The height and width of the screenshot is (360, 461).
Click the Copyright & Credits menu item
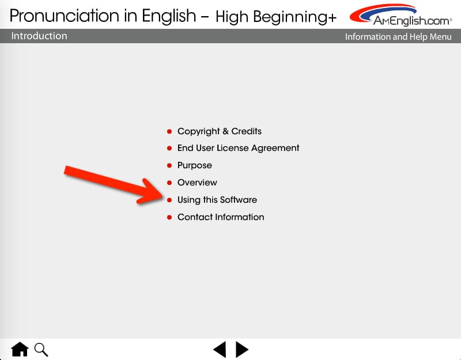pyautogui.click(x=220, y=131)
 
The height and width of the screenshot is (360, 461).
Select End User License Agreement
pyautogui.click(x=238, y=148)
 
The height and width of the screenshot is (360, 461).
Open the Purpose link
pyautogui.click(x=194, y=165)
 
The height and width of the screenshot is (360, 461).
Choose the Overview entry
pyautogui.click(x=197, y=183)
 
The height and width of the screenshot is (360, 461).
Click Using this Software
pyautogui.click(x=217, y=200)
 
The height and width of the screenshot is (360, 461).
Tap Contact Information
pyautogui.click(x=221, y=217)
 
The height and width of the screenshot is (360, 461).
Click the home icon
pyautogui.click(x=20, y=349)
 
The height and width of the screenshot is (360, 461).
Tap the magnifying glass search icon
pyautogui.click(x=41, y=350)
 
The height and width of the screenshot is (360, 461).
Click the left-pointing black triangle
pyautogui.click(x=220, y=350)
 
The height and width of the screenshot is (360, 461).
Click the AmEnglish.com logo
pyautogui.click(x=400, y=15)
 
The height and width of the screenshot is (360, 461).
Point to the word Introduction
pyautogui.click(x=39, y=36)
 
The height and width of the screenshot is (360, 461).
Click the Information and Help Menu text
pyautogui.click(x=398, y=37)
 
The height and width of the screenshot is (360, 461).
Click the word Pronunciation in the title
pyautogui.click(x=65, y=16)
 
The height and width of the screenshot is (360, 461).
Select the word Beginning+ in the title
pyautogui.click(x=295, y=17)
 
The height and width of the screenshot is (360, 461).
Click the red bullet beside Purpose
pyautogui.click(x=169, y=165)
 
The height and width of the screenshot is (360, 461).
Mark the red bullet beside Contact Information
pyautogui.click(x=169, y=218)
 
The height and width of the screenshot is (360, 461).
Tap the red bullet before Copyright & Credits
pyautogui.click(x=169, y=131)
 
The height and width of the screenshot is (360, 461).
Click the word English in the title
pyautogui.click(x=169, y=16)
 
